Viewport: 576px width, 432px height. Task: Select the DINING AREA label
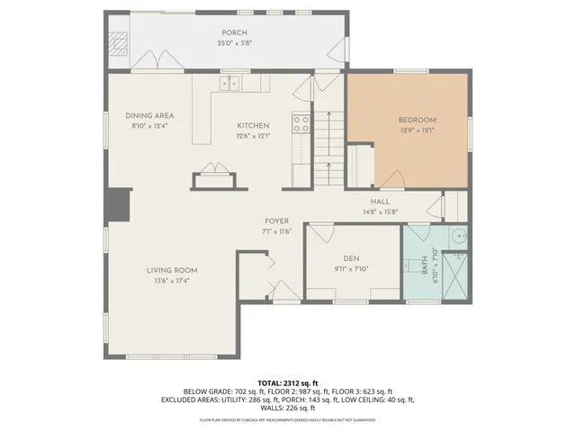149,115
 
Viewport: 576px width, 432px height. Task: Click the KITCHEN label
253,125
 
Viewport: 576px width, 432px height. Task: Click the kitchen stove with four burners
301,123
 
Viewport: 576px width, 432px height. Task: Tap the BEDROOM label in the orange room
418,120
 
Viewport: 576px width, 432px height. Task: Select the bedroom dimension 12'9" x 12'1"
418,130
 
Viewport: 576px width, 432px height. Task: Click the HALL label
380,202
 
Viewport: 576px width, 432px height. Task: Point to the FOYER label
276,220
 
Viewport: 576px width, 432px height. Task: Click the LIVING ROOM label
173,270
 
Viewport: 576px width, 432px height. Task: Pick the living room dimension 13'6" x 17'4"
173,281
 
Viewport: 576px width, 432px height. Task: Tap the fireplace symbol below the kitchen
214,173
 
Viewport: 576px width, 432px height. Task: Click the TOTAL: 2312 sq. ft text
288,382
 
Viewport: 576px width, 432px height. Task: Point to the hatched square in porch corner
119,43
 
